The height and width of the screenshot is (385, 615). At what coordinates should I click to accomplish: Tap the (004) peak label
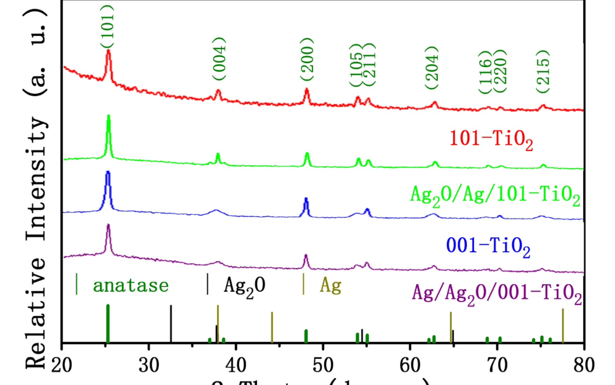(x=219, y=59)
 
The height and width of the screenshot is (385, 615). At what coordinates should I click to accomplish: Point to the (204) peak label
(x=432, y=68)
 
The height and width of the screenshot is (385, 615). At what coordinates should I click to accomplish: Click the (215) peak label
(x=543, y=72)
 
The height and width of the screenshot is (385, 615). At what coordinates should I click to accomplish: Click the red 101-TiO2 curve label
(x=491, y=139)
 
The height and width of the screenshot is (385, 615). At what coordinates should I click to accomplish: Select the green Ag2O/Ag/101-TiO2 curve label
(x=495, y=196)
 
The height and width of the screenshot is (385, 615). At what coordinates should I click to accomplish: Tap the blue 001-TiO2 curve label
(x=488, y=246)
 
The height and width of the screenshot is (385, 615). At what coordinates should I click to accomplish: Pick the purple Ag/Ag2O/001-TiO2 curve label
(x=497, y=294)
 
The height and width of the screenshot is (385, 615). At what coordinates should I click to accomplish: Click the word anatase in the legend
(x=131, y=286)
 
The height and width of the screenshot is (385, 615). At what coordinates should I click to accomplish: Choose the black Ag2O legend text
(x=245, y=286)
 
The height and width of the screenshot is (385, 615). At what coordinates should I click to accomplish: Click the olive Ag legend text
(x=331, y=285)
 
